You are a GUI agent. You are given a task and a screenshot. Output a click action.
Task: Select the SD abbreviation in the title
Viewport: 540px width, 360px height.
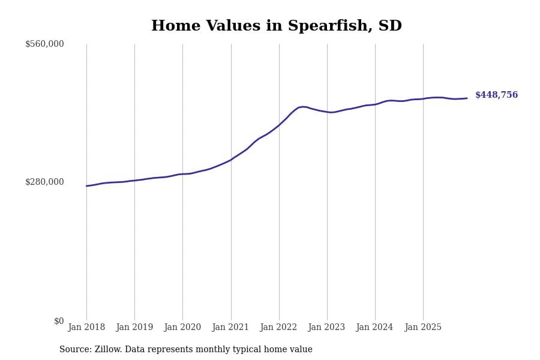(x=390, y=26)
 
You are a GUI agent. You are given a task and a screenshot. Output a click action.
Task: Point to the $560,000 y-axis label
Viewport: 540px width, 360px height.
(x=44, y=44)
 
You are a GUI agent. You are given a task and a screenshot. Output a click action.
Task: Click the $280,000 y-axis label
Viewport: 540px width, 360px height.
(x=44, y=182)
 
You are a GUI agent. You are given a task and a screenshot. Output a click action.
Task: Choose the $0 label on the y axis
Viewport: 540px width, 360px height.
(x=59, y=321)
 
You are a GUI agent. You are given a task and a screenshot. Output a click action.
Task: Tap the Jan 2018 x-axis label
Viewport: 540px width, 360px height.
(x=86, y=328)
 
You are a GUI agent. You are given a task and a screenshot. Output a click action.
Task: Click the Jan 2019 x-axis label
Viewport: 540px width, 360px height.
(x=134, y=328)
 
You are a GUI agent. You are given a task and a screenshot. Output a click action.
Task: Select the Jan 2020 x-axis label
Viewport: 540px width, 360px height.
(x=182, y=328)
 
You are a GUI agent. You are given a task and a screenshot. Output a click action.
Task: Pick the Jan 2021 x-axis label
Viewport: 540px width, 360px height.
(x=230, y=328)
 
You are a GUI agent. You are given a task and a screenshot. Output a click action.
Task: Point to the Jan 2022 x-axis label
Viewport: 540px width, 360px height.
(x=278, y=328)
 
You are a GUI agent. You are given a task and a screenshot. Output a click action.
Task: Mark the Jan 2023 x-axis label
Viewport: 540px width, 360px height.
(x=326, y=328)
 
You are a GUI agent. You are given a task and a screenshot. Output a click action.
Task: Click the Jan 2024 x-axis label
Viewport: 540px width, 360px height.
(x=374, y=328)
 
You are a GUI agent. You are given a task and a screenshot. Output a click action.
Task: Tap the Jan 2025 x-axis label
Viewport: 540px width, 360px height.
(x=423, y=328)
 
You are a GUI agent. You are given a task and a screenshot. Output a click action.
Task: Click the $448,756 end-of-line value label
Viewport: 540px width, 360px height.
(x=496, y=95)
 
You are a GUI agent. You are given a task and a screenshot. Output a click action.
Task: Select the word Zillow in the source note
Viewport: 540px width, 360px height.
(x=108, y=350)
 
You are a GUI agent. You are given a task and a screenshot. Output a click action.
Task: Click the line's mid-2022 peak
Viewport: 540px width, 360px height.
(x=302, y=107)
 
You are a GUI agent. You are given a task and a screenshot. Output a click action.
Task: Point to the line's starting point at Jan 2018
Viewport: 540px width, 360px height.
(x=86, y=186)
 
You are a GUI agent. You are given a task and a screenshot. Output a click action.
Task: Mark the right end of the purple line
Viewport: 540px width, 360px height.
(x=467, y=98)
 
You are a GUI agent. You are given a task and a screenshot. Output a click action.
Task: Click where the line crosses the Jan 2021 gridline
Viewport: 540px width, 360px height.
(x=231, y=160)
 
